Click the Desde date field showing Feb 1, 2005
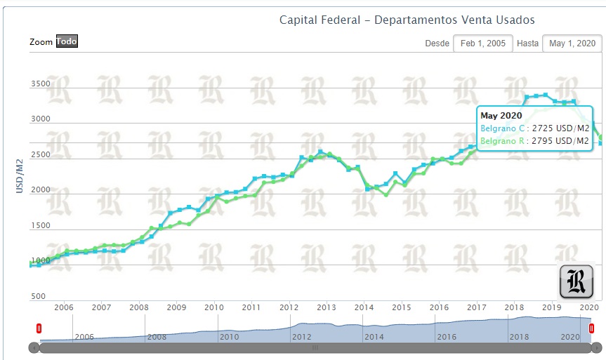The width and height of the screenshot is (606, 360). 482,44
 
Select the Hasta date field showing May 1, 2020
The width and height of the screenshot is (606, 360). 572,44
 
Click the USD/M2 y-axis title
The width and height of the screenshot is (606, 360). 20,175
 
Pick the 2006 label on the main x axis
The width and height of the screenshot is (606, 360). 64,307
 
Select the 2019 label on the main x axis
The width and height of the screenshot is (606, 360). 552,307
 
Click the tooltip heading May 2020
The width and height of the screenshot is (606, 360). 501,116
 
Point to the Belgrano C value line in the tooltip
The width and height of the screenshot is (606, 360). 534,129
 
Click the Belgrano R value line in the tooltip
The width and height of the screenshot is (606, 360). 534,142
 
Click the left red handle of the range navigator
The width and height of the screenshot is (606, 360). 39,328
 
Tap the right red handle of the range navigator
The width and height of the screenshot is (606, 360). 591,328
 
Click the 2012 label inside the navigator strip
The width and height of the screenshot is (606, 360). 301,337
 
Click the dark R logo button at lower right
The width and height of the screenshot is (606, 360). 577,282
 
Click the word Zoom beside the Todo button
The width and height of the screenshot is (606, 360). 41,42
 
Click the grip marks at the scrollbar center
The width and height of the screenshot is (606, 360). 315,347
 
